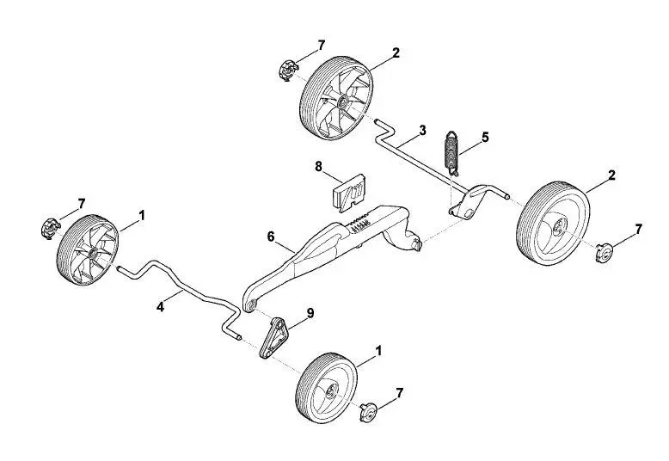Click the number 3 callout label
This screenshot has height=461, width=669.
pos(422,130)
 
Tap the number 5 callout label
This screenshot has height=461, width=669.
pos(485,138)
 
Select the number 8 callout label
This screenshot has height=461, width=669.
pos(319,167)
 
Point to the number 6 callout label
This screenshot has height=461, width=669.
pos(271,236)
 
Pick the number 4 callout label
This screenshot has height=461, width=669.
pos(160,306)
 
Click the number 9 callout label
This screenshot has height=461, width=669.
pos(310,313)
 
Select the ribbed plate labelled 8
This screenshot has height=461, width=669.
pos(348,193)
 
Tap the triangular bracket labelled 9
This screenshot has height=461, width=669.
pos(273,338)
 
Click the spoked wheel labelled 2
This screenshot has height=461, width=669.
pos(336,97)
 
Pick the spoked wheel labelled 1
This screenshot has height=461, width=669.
pos(88,249)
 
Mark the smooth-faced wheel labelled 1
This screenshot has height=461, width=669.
pos(326,388)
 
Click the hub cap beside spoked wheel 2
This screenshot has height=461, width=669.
pos(287,71)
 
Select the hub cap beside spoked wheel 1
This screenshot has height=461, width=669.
pos(50,229)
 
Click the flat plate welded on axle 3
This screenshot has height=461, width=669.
pos(467,204)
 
